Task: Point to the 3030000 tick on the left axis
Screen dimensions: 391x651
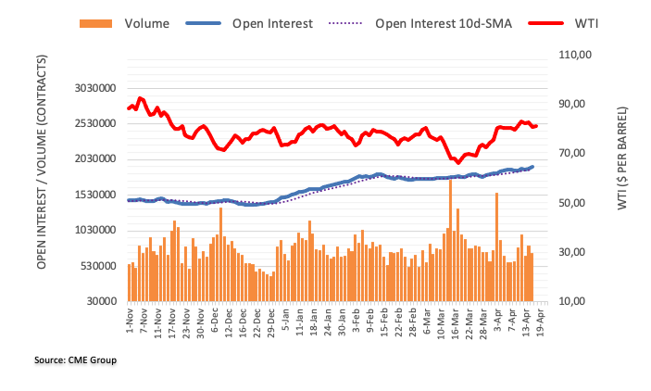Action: point(96,88)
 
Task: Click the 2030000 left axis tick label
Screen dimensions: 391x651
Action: point(96,159)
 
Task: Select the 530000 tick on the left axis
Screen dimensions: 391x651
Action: point(100,266)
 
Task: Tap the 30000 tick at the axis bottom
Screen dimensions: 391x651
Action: point(103,302)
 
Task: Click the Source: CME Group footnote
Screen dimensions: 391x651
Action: point(77,359)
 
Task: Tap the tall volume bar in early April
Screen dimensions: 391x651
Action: point(496,246)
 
